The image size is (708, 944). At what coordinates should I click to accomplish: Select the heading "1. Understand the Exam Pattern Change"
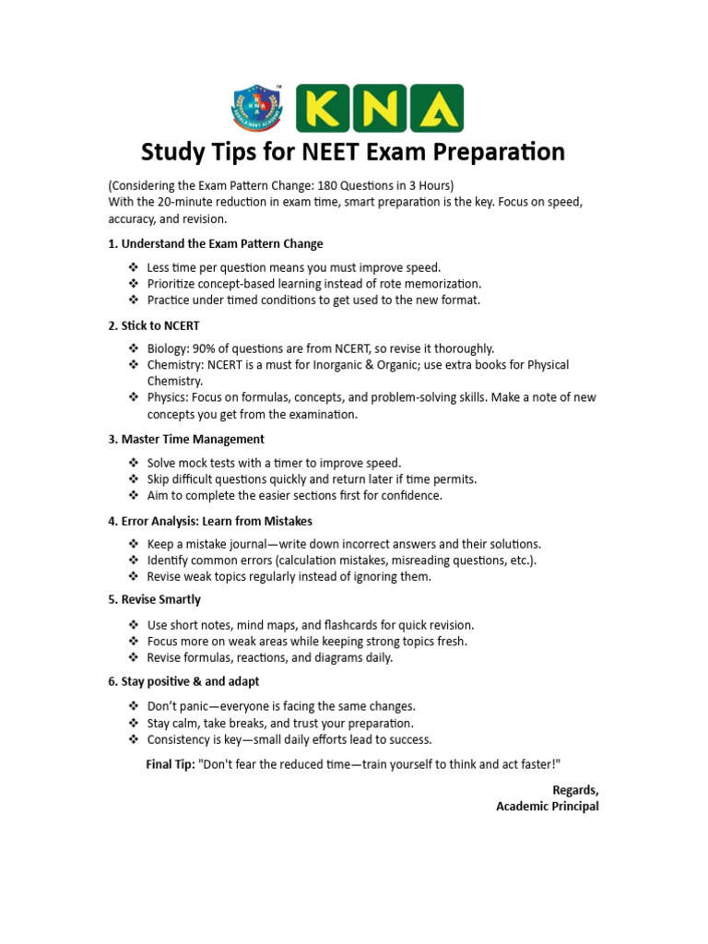click(216, 244)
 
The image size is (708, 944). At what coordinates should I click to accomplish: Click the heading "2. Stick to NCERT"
click(154, 325)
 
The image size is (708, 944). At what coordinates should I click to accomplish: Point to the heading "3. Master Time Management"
click(186, 439)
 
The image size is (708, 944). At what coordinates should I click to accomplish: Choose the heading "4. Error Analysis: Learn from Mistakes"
click(210, 521)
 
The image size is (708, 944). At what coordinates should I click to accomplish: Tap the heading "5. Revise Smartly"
click(154, 600)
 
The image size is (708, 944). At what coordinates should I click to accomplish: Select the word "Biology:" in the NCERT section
click(168, 348)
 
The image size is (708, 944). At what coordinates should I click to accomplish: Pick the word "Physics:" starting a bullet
click(168, 397)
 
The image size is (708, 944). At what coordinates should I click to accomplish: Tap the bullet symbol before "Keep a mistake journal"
click(133, 544)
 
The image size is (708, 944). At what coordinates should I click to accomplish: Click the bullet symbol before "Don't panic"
click(133, 706)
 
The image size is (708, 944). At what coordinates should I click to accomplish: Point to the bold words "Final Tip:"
click(171, 764)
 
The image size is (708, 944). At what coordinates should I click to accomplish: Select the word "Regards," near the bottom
click(574, 790)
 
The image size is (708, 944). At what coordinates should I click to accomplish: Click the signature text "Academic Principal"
click(547, 807)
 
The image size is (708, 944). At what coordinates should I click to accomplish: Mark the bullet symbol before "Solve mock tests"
click(133, 463)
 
